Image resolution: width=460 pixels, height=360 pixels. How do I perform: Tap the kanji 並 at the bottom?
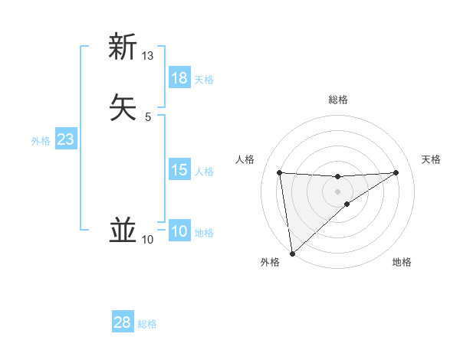(123, 230)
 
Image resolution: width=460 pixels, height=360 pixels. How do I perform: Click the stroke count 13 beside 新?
(148, 56)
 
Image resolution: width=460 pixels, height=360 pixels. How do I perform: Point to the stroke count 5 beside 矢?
(148, 116)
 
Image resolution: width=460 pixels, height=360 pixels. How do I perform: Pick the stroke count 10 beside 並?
(148, 240)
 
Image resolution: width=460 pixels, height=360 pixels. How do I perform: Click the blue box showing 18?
(179, 78)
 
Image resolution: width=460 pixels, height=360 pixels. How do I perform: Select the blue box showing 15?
(179, 170)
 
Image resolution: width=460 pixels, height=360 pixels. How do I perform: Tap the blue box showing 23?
(65, 139)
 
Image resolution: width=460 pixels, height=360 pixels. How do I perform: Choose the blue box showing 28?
(123, 322)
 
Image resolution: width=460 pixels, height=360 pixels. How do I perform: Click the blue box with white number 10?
(179, 231)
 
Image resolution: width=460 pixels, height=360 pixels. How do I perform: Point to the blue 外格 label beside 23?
(41, 141)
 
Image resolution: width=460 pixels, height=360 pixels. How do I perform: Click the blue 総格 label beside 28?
(147, 324)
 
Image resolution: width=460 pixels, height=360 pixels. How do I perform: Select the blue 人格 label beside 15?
(205, 172)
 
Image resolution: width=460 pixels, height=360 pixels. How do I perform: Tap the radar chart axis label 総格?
(337, 100)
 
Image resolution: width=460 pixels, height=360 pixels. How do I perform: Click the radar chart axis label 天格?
(431, 159)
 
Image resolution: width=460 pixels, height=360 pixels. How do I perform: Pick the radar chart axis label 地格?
(402, 262)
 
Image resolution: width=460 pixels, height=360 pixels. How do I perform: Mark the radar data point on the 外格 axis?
(291, 254)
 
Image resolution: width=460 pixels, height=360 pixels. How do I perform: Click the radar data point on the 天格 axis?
(396, 172)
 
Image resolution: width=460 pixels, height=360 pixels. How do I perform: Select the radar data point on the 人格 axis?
(280, 172)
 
